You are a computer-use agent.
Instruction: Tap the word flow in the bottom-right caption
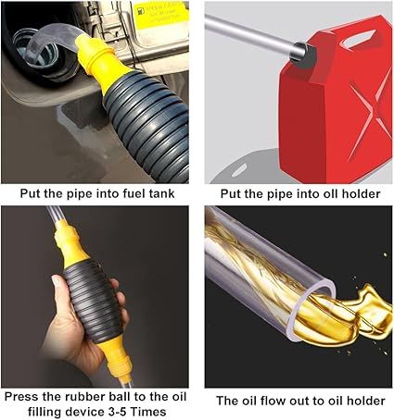[x=269, y=401]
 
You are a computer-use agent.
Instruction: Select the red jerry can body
[x=334, y=102]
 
